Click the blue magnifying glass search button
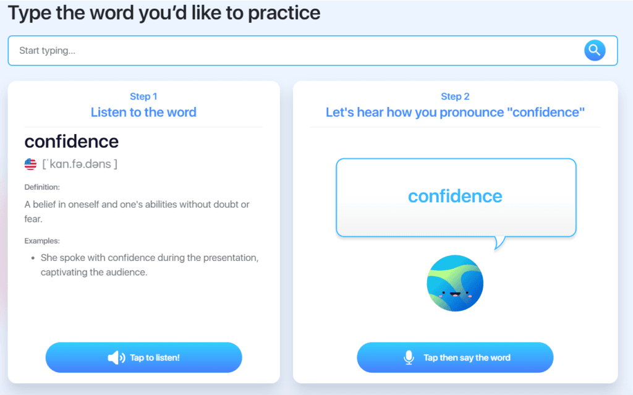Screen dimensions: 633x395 (x=595, y=51)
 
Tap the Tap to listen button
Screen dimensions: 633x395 (x=143, y=357)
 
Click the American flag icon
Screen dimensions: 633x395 (x=30, y=164)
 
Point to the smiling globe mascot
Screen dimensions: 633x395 (x=455, y=283)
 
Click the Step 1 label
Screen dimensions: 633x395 (x=143, y=96)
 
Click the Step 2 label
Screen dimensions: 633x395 (x=455, y=96)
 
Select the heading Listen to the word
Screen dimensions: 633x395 (x=143, y=113)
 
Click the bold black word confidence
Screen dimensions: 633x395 (x=72, y=142)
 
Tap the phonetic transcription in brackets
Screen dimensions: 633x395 (x=80, y=164)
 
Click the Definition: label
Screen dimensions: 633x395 (x=42, y=187)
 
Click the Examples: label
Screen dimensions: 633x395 (x=42, y=240)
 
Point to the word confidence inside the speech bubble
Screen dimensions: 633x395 (x=455, y=197)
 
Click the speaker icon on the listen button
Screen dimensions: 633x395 (x=116, y=357)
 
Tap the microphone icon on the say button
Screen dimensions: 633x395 (x=409, y=357)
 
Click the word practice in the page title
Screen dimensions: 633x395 (x=284, y=13)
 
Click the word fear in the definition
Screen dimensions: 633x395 (x=33, y=219)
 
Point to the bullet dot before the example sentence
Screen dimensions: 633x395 (x=33, y=258)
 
